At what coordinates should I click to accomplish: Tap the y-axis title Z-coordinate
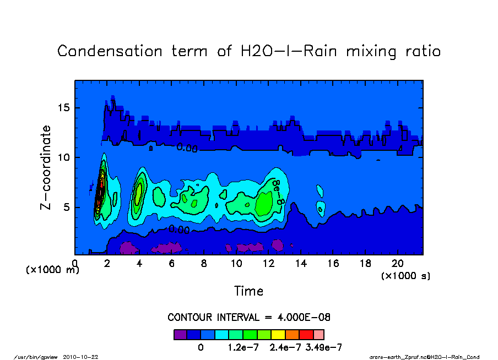[x=46, y=167]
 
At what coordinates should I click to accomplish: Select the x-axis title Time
[x=248, y=291]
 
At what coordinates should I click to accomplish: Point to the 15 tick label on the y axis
[x=64, y=107]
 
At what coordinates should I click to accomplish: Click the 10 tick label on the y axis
[x=64, y=157]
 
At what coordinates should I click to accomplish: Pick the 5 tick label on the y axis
[x=67, y=208]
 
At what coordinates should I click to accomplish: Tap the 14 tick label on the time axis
[x=301, y=264]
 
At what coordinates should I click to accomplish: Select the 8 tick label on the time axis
[x=204, y=264]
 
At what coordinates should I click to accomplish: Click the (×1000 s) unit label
[x=406, y=275]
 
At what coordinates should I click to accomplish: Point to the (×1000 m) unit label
[x=53, y=270]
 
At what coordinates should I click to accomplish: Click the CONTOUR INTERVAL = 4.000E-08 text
[x=248, y=318]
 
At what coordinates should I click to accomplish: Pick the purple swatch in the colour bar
[x=180, y=334]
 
